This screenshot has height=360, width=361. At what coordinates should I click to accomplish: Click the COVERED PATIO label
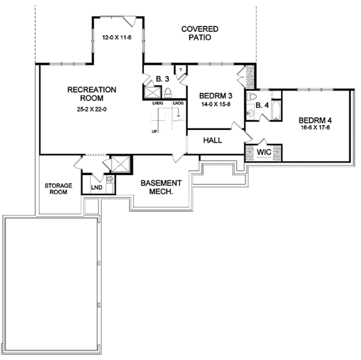pos(200,33)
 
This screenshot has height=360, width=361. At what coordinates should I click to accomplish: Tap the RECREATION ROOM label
pos(91,94)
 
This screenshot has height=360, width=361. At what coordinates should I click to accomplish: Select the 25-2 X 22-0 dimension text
pos(91,110)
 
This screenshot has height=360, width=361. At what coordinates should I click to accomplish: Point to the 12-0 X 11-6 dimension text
pos(117,37)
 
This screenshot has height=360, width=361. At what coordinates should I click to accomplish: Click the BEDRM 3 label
pos(216,96)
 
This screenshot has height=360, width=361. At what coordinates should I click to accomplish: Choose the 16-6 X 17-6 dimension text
pos(315,128)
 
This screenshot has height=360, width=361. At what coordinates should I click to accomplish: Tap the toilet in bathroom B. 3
pos(168,93)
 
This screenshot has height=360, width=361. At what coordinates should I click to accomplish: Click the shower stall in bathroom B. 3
pos(152,92)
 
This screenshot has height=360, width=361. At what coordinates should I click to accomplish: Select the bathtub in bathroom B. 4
pos(276,110)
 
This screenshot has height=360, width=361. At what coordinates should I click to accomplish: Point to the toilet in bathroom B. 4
pos(251,97)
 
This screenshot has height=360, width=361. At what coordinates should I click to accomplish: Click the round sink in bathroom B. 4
pos(250,113)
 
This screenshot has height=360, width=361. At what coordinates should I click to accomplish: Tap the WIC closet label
pos(264,152)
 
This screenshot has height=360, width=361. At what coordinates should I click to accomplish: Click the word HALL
pos(212,140)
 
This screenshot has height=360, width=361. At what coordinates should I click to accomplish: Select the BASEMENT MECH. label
pos(161,187)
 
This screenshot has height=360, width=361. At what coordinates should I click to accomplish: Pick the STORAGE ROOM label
pos(58,189)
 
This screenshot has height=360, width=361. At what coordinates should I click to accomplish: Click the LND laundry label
pos(97,187)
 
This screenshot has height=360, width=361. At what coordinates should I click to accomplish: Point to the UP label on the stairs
pos(155,131)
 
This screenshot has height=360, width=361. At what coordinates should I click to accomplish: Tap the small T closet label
pos(180,70)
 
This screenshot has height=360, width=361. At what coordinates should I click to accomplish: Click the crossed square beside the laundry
pos(121,164)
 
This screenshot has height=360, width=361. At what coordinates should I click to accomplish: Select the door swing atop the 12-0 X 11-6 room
pos(129,22)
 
